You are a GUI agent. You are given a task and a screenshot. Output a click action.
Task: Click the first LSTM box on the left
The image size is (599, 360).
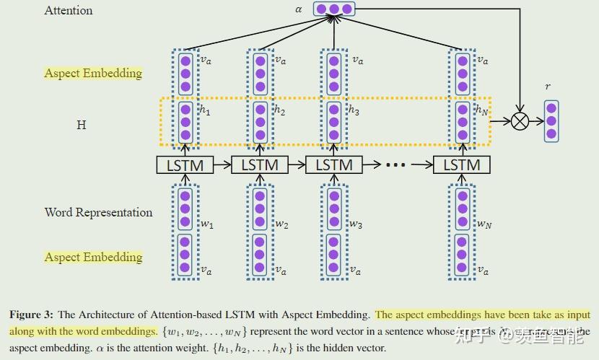pos(185,164)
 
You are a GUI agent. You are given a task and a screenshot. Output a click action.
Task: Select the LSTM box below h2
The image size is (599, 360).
pos(259,164)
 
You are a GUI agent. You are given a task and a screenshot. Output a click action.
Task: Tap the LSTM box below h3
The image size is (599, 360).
pos(333,164)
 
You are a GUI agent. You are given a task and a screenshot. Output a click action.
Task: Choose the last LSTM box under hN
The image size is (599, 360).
pos(461,164)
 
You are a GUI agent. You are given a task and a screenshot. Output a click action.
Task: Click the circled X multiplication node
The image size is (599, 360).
pos(519,121)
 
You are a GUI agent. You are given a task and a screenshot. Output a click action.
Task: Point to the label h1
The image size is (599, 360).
pos(206,110)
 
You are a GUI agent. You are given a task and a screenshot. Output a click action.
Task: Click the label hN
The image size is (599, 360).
pos(481,110)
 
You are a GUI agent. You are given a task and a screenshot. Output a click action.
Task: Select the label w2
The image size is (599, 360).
pos(281,224)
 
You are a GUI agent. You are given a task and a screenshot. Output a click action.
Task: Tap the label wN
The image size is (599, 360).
pos(484,224)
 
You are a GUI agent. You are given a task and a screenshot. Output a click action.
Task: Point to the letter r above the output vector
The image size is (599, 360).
pos(548,87)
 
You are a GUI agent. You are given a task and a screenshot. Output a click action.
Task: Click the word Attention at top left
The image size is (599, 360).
pos(69,10)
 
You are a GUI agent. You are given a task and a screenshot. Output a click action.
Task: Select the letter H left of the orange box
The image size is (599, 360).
pos(81,125)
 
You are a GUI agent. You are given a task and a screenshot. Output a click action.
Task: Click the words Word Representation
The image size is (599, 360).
pos(98,212)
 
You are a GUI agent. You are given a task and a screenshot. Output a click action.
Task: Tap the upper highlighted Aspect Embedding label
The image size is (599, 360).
pos(93,73)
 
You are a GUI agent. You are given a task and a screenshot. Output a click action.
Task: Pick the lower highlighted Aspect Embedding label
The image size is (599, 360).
pos(93,257)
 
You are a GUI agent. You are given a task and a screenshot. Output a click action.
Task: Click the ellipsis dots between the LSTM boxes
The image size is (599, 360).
pos(396,165)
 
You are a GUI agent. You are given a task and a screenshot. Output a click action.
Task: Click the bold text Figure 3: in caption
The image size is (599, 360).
pos(31,315)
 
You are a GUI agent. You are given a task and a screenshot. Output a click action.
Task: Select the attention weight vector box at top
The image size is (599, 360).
pos(334,9)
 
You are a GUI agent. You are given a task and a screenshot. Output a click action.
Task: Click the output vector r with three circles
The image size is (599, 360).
pos(551,120)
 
